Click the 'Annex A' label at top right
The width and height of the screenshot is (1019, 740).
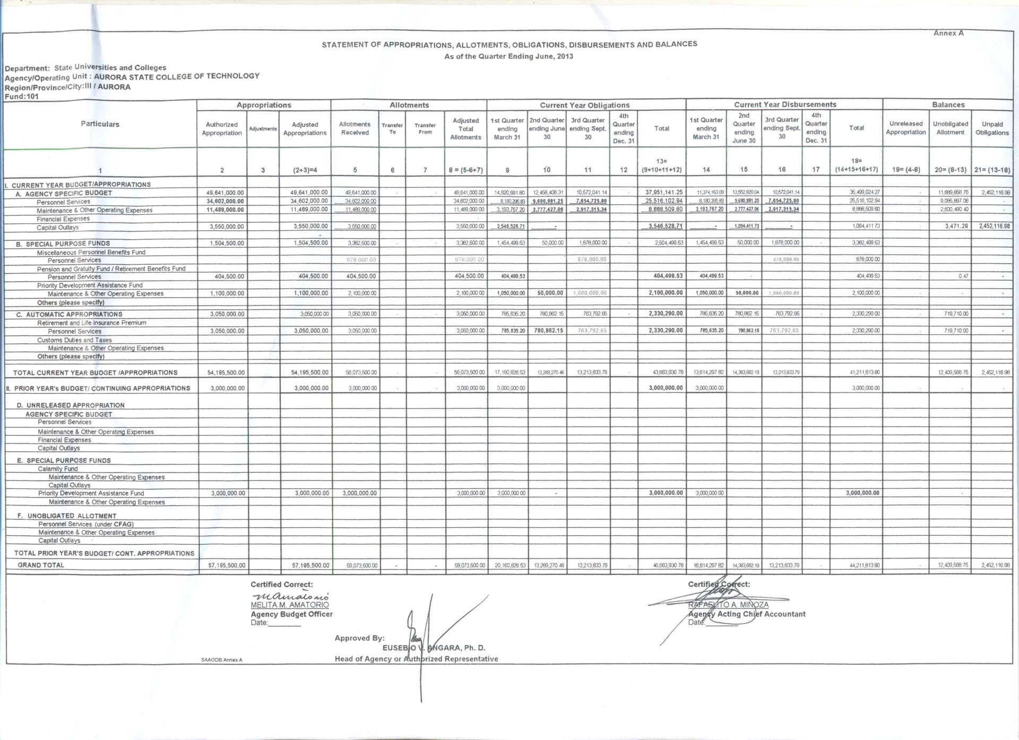[x=948, y=33]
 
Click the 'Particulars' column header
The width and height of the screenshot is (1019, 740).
[x=100, y=124]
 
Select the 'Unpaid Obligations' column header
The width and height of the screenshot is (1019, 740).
[x=991, y=128]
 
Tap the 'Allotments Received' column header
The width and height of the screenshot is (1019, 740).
[x=355, y=128]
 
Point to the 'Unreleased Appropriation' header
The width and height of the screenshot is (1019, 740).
[x=905, y=128]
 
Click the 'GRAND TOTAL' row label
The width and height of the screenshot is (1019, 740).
[x=41, y=565]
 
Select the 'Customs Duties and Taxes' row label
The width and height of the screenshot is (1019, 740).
[x=74, y=340]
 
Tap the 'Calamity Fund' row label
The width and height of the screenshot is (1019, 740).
[x=57, y=469]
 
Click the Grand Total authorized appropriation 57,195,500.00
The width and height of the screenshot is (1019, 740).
[x=227, y=565]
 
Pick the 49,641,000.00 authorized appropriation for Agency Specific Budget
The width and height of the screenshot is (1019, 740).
[x=227, y=193]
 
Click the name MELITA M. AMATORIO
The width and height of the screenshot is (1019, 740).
[x=289, y=605]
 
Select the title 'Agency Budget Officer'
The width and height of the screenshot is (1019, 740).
[x=291, y=614]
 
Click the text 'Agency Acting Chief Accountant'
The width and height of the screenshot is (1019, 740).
[x=747, y=614]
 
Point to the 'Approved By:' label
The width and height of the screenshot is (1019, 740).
[x=359, y=638]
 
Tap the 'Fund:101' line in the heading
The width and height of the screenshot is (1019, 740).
[x=22, y=97]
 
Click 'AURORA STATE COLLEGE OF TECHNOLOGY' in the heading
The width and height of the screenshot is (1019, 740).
[x=176, y=76]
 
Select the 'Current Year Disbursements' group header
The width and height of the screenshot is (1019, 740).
[x=784, y=105]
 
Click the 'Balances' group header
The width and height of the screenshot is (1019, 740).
[x=948, y=105]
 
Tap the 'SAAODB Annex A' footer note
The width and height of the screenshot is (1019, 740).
[x=221, y=660]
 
